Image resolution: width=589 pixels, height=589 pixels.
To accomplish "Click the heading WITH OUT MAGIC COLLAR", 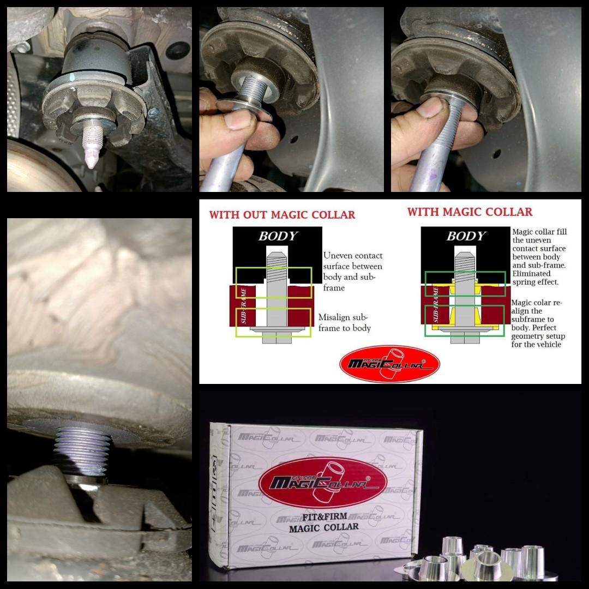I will click(282, 214).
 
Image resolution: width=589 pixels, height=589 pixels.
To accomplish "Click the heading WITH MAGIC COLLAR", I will click(470, 212).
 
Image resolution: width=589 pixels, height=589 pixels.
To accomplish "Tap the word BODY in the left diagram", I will click(278, 236).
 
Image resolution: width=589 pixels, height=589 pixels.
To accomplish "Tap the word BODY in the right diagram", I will click(465, 236).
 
